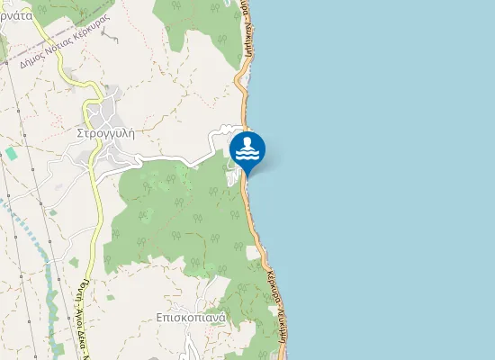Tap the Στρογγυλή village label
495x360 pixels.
tap(105, 131)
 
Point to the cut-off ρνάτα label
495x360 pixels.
tap(17, 15)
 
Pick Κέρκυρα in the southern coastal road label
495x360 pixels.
tap(276, 286)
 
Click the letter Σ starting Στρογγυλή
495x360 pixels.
tap(80, 131)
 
